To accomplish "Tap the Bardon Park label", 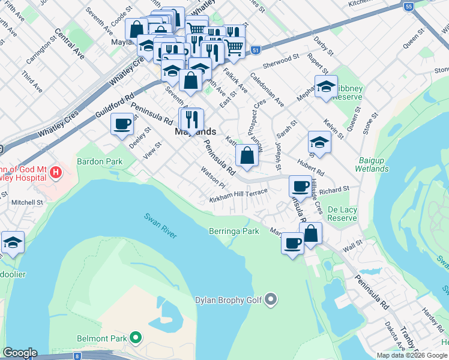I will [x=100, y=161].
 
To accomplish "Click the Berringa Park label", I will [x=234, y=231].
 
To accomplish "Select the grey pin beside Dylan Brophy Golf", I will [x=271, y=298].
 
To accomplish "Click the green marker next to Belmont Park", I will [x=136, y=338].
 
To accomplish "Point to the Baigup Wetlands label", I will [x=373, y=164].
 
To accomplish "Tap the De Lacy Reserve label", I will [x=343, y=214].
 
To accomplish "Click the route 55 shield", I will [x=409, y=7].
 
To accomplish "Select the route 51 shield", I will [x=256, y=50].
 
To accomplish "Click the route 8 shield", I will [x=77, y=356].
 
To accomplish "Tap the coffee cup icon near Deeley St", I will [x=122, y=124].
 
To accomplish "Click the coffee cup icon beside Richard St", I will [x=300, y=185].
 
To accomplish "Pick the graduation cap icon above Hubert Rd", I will [x=319, y=142].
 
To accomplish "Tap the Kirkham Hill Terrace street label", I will [x=238, y=195].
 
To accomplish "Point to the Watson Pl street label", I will [x=213, y=179].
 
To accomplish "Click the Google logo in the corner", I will [x=20, y=353].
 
